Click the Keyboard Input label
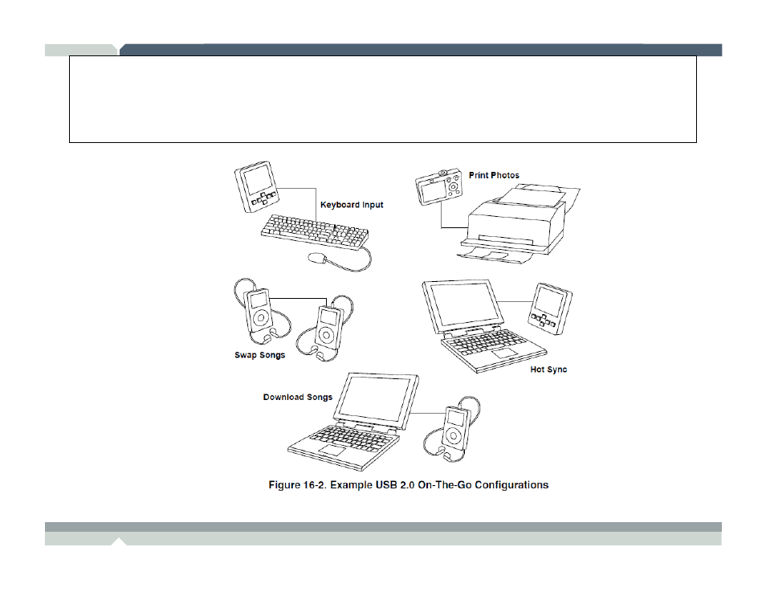(352, 205)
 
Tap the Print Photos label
(494, 175)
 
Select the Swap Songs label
(259, 355)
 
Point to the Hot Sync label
(548, 369)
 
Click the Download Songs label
(297, 397)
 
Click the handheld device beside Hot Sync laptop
(550, 308)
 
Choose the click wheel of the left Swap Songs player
(259, 319)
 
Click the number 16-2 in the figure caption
(317, 485)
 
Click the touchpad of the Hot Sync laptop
(504, 353)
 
